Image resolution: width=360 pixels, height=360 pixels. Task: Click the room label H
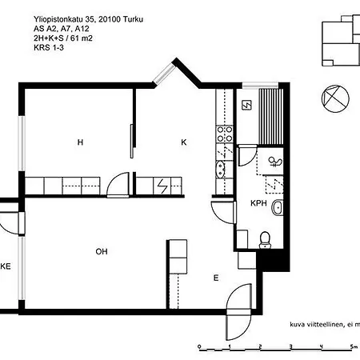(80, 142)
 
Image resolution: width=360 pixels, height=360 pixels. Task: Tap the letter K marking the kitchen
(183, 142)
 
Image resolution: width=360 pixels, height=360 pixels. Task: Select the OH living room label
(102, 252)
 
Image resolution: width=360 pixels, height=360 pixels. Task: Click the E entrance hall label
(215, 278)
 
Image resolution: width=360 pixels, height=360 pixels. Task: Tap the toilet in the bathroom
(267, 237)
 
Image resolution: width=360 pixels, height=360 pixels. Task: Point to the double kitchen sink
(220, 167)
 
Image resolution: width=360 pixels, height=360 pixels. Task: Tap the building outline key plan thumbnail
(341, 40)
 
